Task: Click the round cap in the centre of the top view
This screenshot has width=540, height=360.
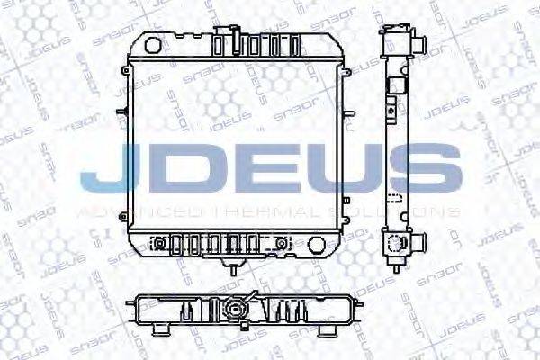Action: point(238,309)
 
